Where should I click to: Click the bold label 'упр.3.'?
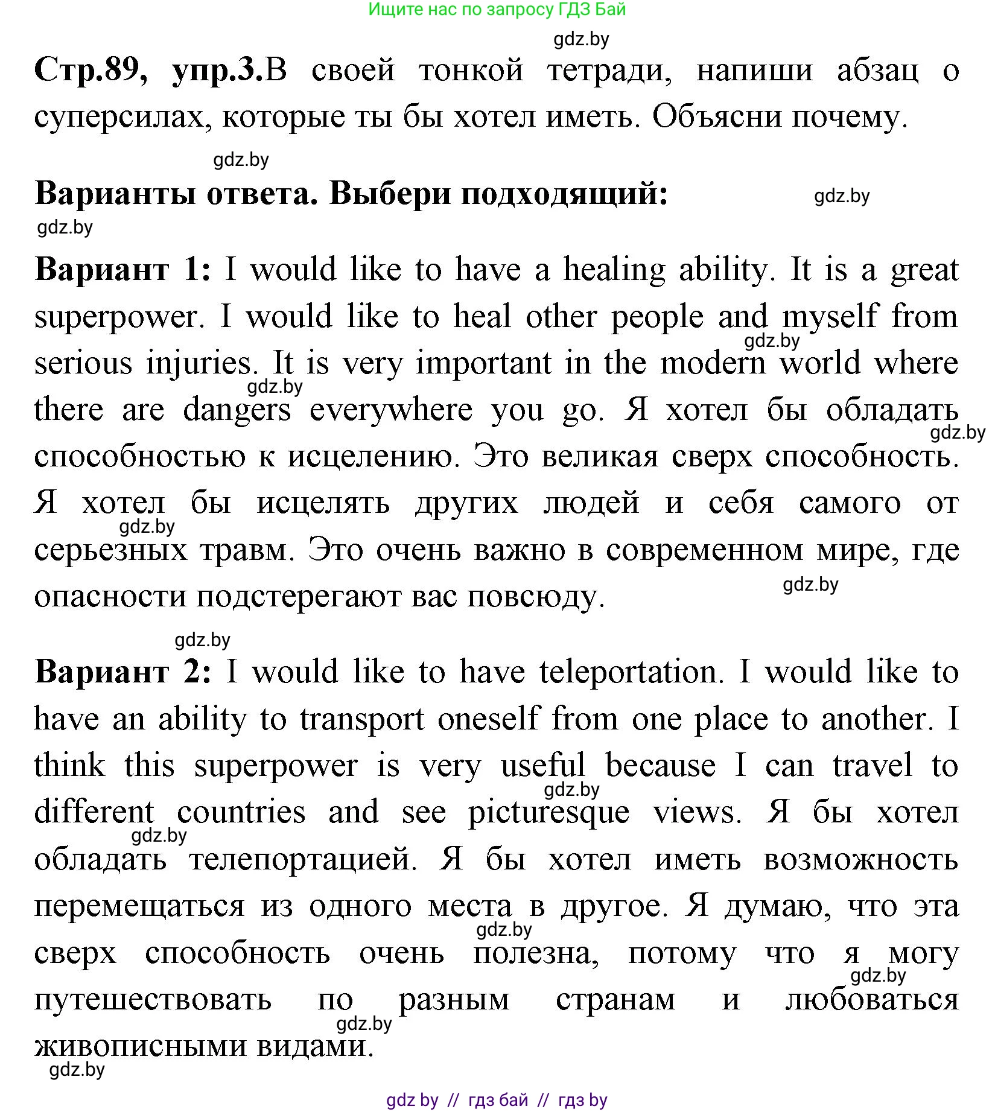[218, 71]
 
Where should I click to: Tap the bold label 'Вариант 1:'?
[123, 269]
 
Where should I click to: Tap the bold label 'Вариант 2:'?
[123, 672]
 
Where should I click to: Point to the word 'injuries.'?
[199, 364]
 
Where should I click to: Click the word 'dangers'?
[237, 411]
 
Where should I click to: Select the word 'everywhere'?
[391, 411]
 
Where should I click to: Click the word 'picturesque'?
[549, 813]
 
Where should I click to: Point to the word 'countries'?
[241, 812]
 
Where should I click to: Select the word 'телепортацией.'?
[303, 859]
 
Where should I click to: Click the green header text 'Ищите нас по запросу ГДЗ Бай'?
[497, 10]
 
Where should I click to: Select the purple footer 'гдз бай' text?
[498, 1100]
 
